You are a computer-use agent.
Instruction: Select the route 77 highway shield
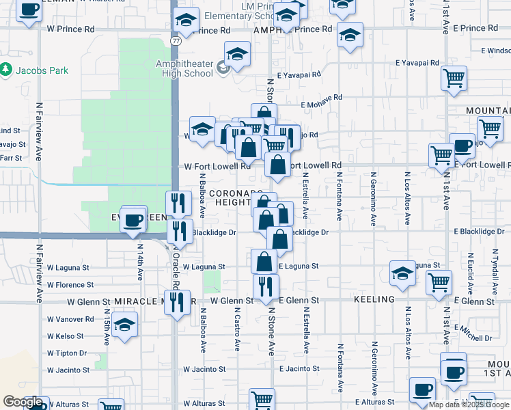coord(176,42)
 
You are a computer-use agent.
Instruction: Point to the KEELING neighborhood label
coord(375,300)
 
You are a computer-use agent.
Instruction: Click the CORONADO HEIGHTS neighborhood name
coord(234,197)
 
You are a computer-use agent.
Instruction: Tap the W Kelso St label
coord(65,336)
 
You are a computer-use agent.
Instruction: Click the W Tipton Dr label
coord(67,353)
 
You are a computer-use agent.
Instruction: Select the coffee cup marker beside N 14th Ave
coord(133,219)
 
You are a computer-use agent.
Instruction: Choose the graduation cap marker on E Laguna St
coord(404,273)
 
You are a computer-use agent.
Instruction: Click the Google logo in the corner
coord(23,402)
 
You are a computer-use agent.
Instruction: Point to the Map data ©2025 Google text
coord(469,405)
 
